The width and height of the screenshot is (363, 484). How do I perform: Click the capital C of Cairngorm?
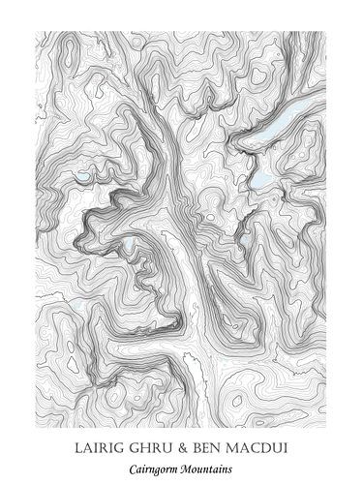(133, 468)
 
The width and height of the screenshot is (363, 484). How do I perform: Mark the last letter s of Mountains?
(231, 468)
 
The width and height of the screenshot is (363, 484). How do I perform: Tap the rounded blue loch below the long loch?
(260, 178)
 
